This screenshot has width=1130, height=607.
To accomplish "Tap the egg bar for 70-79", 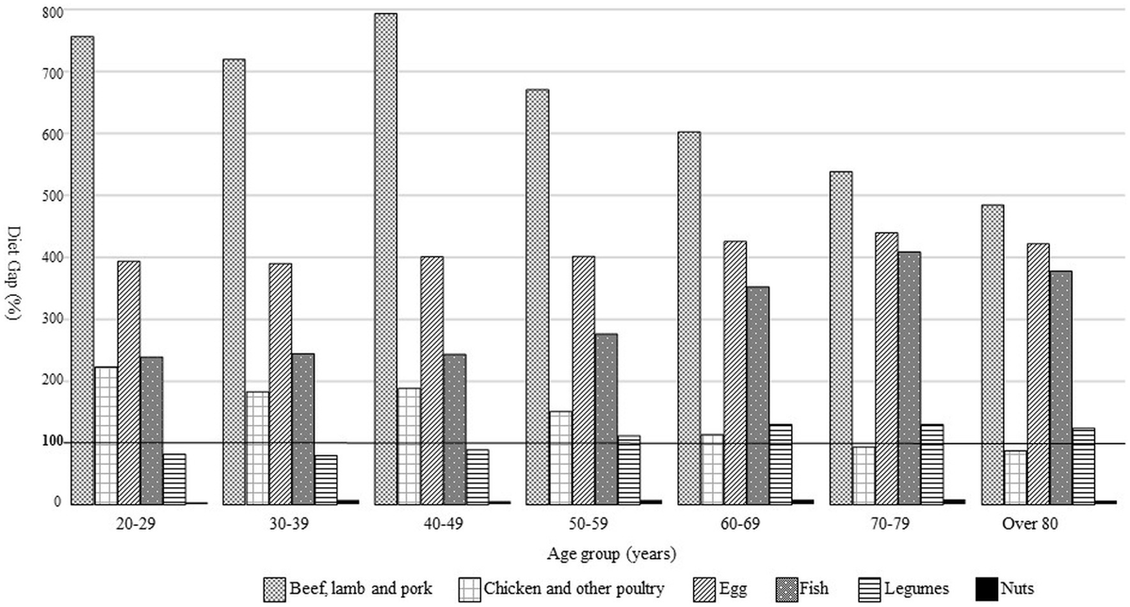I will [x=885, y=368].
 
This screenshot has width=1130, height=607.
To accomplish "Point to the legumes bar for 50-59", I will [x=629, y=469].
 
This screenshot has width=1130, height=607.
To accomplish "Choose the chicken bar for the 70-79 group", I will [x=863, y=475].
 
